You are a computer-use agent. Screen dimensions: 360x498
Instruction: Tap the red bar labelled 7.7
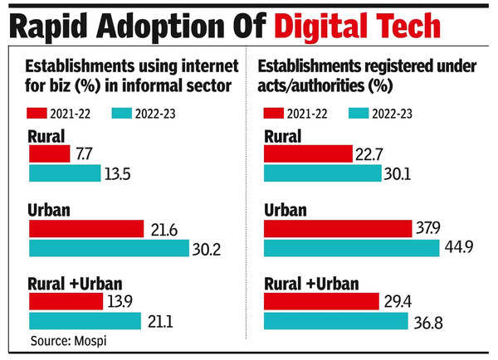[x=49, y=154]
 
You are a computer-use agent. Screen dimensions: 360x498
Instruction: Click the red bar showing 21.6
[x=86, y=228]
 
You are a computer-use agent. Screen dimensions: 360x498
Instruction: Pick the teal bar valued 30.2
[x=109, y=247]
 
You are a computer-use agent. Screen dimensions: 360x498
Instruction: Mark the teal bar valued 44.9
[x=351, y=247]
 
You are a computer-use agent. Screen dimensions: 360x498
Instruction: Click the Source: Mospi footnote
[x=66, y=340]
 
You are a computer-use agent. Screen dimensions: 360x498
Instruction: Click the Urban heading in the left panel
[x=48, y=211]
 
